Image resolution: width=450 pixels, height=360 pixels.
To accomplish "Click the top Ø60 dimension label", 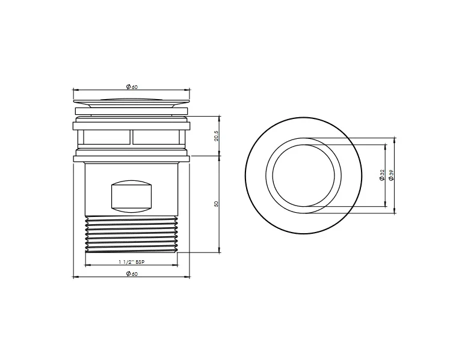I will [132, 87].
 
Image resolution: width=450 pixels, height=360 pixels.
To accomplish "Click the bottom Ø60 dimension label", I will [132, 274].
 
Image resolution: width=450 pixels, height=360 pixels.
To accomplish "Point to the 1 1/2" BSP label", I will [131, 263].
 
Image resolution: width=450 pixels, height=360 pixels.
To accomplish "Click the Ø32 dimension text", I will [383, 175].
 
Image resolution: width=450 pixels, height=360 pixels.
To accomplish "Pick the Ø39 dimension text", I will [392, 175].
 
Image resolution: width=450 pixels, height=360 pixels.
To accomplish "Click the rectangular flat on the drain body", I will [131, 196].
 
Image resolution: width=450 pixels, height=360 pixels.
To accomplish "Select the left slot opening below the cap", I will [106, 137].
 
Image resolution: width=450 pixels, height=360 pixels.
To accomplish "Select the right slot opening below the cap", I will [156, 137].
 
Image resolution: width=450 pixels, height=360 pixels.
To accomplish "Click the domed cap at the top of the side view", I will [131, 102].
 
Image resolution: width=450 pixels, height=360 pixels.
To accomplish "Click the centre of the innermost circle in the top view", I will [303, 175].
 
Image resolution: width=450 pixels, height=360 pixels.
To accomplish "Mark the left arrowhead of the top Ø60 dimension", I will [75, 90].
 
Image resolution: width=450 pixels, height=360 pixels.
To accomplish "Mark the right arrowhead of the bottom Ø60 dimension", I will [188, 276].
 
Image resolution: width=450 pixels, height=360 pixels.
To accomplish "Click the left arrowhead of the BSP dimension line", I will [87, 265].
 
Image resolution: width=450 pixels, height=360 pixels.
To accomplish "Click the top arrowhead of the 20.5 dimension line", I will [219, 117].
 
